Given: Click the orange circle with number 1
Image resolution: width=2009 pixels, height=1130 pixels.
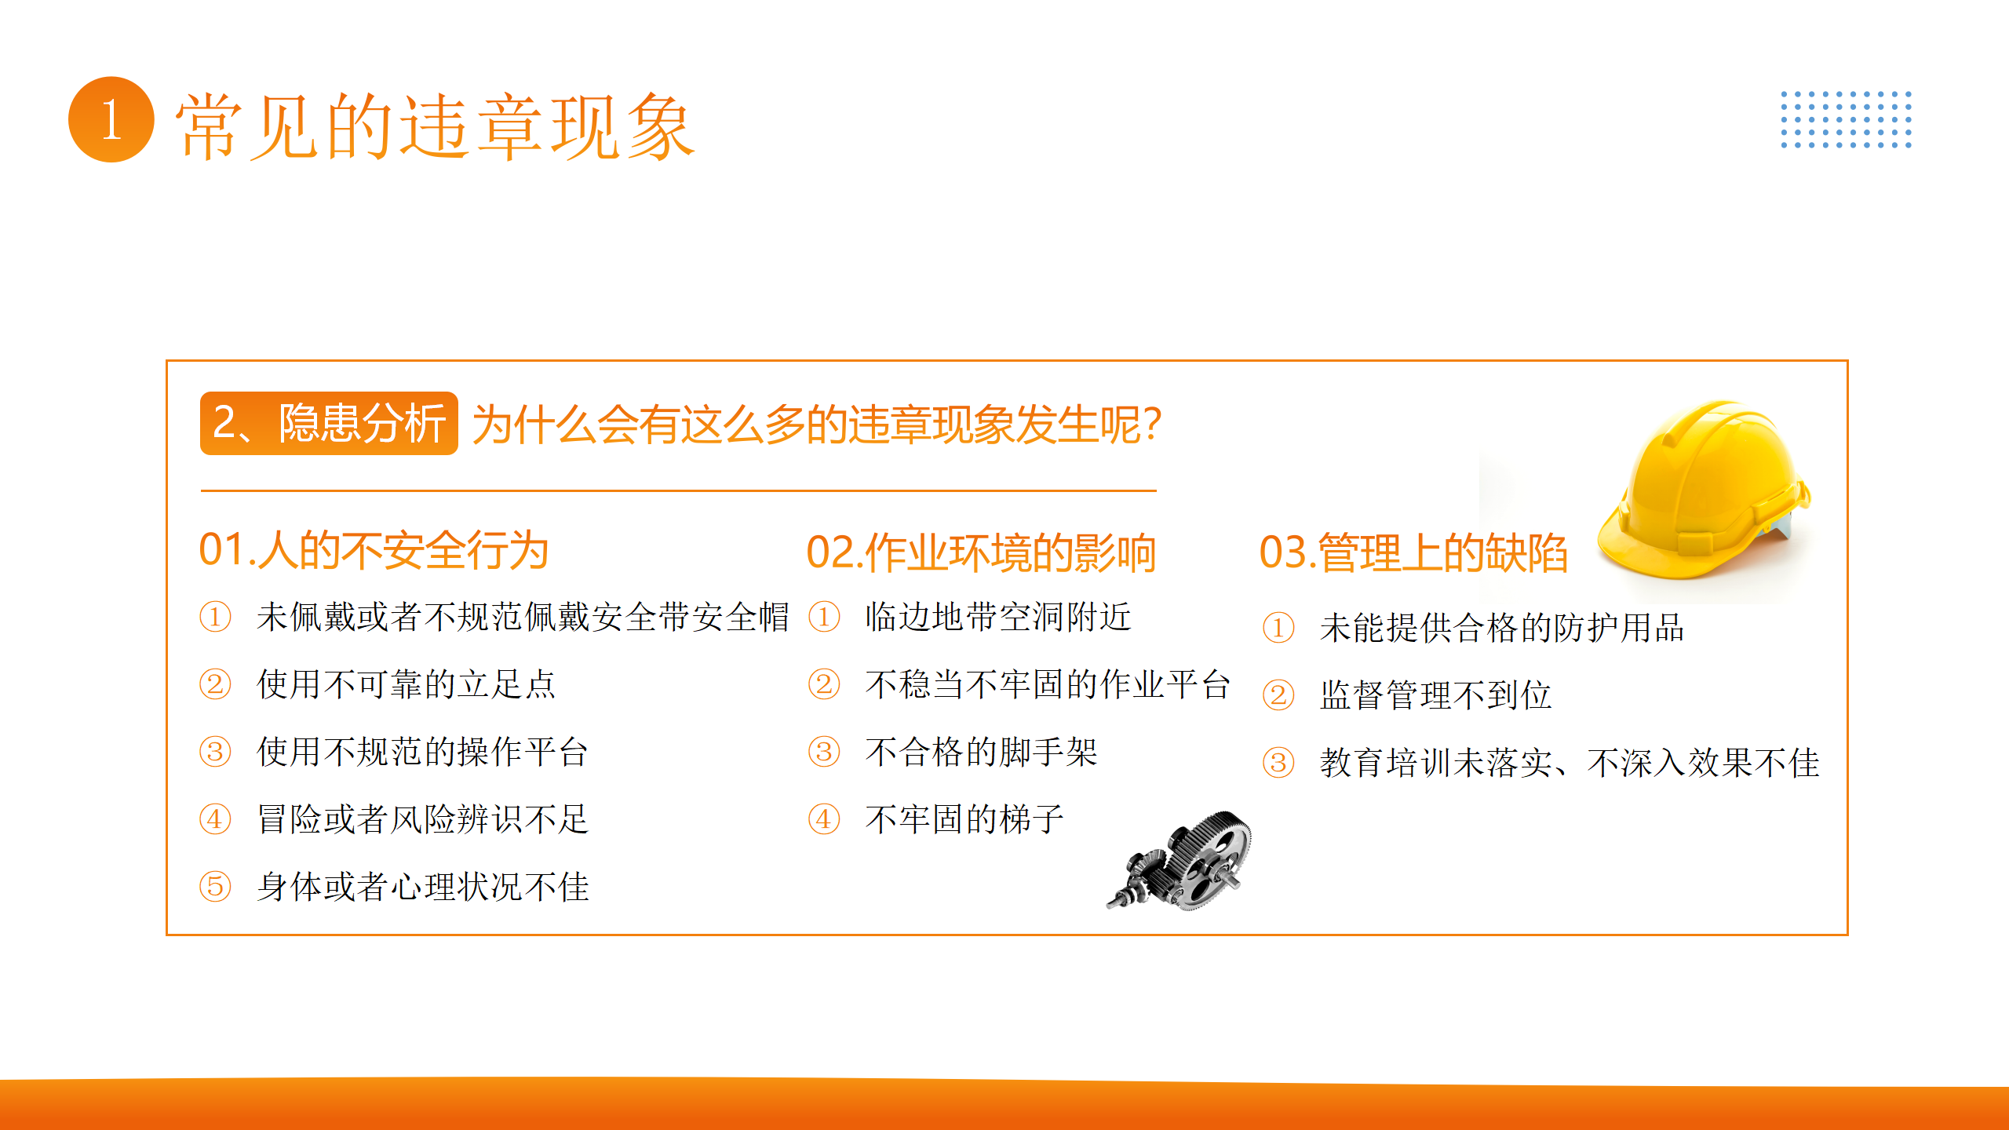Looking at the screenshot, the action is tap(111, 119).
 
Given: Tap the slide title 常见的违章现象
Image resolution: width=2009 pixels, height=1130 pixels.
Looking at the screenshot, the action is tap(435, 126).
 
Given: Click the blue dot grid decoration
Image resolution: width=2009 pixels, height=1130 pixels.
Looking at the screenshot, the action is tap(1846, 119).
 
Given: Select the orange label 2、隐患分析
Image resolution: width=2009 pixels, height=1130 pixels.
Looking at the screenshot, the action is tap(329, 423).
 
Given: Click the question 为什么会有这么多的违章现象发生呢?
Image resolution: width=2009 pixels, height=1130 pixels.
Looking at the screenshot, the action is tap(816, 425).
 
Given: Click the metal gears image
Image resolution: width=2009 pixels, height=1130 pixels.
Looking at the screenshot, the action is tap(1180, 860).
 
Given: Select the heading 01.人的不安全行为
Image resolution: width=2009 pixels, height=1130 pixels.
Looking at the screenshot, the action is tap(374, 549).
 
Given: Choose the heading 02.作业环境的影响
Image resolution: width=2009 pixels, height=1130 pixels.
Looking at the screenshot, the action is tap(981, 552).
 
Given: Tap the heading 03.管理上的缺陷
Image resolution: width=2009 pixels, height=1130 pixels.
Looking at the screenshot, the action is tap(1413, 552).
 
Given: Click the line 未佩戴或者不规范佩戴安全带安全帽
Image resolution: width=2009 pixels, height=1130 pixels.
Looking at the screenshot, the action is tap(523, 617).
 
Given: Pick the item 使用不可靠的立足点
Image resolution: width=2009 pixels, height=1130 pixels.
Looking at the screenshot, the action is tap(407, 684).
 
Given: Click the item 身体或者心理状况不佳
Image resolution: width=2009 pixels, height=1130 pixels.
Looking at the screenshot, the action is tap(423, 887).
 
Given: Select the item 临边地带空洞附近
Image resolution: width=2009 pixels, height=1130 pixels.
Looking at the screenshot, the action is tap(998, 617).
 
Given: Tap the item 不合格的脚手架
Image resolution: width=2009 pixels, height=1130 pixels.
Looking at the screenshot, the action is tap(981, 752).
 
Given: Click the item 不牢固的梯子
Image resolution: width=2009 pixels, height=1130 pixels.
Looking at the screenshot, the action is tap(964, 819).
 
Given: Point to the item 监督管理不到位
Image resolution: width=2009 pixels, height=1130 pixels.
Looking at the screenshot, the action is tap(1435, 695).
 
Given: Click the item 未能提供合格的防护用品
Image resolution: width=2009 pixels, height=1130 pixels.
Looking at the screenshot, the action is tap(1502, 628).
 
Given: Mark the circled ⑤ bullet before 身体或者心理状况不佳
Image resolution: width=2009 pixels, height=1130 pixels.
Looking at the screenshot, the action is tap(215, 887).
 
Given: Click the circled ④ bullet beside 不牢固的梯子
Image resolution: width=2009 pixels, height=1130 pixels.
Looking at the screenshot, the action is tap(824, 819).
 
